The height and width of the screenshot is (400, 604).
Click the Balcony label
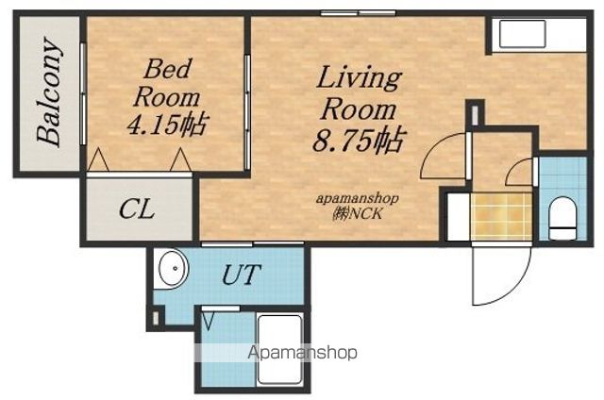(49, 92)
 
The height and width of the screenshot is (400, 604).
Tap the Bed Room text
(167, 83)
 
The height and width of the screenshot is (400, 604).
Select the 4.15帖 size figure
(168, 124)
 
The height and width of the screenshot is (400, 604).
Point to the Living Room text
(359, 93)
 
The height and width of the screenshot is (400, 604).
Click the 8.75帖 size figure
(359, 140)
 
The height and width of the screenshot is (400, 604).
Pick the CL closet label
(137, 209)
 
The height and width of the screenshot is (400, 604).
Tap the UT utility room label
(242, 275)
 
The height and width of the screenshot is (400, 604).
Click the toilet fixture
(562, 218)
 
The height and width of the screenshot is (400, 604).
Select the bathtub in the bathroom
(279, 349)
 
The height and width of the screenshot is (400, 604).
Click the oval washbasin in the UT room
(174, 268)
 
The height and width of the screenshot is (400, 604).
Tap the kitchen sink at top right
(522, 34)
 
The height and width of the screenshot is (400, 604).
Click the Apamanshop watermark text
(302, 352)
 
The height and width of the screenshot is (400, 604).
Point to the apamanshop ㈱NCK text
(358, 207)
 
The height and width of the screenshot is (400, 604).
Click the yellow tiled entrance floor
(501, 217)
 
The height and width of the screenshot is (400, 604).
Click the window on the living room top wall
(359, 13)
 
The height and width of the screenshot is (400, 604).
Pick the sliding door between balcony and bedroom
(83, 93)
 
